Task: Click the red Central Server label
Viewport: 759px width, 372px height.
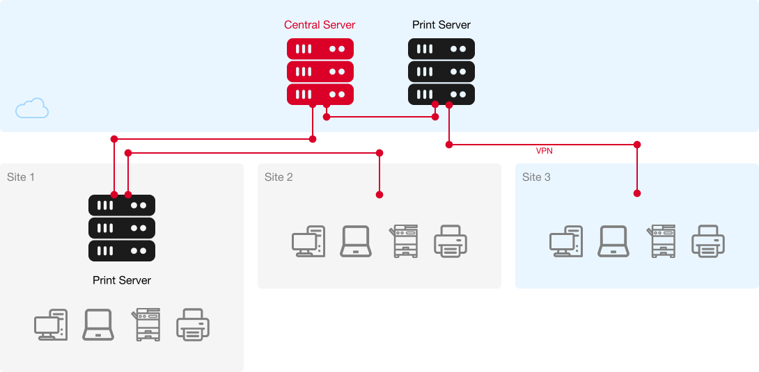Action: click(x=320, y=25)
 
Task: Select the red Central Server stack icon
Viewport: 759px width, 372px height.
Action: click(x=320, y=72)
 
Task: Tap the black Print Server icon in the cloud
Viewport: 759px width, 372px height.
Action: click(x=441, y=72)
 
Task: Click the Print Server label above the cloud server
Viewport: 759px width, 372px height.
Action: click(x=441, y=25)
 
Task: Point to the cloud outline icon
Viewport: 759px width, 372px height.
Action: click(x=32, y=108)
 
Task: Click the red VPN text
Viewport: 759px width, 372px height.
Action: click(x=544, y=150)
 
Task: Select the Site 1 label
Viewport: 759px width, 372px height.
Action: click(x=21, y=177)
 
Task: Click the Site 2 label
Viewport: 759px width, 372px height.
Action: click(x=279, y=177)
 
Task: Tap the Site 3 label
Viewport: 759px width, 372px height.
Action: click(x=536, y=177)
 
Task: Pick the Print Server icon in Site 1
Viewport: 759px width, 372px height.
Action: click(x=122, y=228)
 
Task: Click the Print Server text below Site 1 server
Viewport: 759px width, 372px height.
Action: click(x=122, y=280)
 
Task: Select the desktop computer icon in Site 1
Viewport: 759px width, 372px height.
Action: click(x=51, y=325)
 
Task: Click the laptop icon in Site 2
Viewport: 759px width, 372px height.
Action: click(x=356, y=241)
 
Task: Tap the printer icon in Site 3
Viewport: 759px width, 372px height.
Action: click(x=708, y=241)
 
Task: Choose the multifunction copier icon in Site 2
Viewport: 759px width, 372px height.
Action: click(x=404, y=241)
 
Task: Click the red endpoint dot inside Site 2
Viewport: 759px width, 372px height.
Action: click(x=379, y=195)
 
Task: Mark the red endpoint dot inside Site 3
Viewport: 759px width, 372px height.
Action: click(x=637, y=193)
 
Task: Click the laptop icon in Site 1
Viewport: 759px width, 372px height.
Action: click(x=98, y=325)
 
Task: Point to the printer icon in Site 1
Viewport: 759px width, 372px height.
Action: click(x=193, y=325)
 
